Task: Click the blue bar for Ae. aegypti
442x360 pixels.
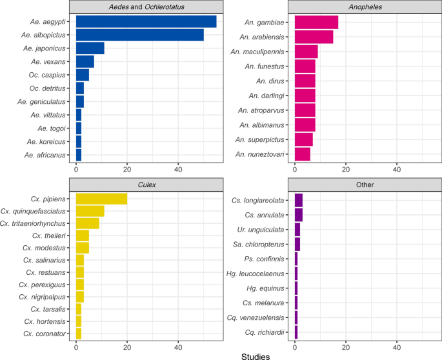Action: pos(146,21)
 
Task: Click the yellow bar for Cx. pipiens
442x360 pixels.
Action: pos(101,199)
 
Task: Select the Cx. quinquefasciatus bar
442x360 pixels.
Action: pos(90,211)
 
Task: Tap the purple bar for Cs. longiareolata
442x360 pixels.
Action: pos(299,199)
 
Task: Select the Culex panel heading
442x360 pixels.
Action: pos(146,184)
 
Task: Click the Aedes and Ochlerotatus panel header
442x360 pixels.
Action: pos(146,6)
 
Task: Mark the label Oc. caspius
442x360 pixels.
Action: pos(50,75)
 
